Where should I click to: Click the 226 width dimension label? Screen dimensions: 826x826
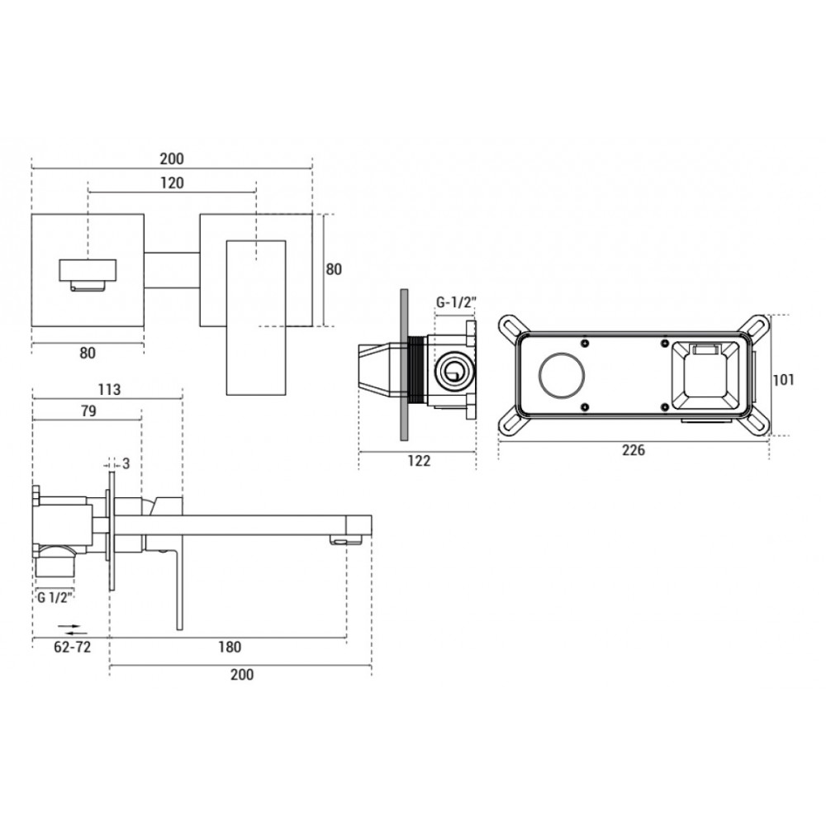click(634, 450)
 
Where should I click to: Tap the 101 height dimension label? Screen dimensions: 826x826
click(783, 379)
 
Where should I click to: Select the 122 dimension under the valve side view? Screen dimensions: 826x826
click(419, 461)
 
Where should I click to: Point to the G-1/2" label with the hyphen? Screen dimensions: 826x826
click(456, 302)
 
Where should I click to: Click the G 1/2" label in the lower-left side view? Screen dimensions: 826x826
click(55, 597)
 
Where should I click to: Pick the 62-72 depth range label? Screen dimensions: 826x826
click(72, 647)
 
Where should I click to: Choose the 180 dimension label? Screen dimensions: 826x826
click(230, 647)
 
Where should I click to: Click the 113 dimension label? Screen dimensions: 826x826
click(109, 389)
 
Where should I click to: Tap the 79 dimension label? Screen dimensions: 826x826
click(88, 411)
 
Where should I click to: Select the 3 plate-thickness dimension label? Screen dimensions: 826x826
click(126, 463)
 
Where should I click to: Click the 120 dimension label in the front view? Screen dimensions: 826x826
click(173, 183)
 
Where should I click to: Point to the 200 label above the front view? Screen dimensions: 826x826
click(172, 159)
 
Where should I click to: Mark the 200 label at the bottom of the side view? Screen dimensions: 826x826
click(242, 674)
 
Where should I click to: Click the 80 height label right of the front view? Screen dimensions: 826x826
click(334, 269)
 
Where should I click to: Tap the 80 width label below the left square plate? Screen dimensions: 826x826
click(88, 353)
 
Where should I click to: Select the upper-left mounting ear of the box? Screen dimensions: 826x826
click(511, 328)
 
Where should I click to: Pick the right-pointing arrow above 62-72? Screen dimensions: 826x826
click(69, 626)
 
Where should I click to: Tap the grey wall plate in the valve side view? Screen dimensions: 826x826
click(405, 364)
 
